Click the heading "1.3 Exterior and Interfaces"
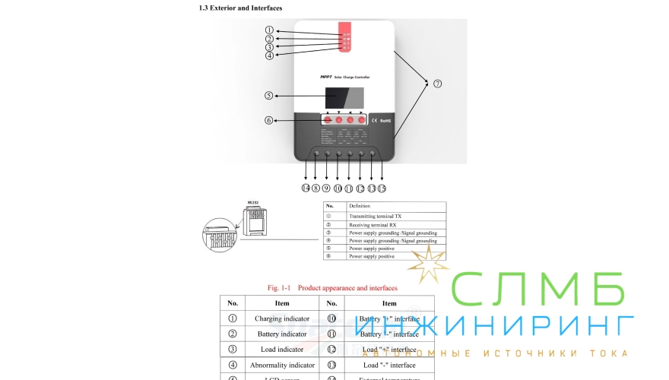[x=239, y=8]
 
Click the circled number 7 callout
[x=437, y=84]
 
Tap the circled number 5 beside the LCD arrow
[x=268, y=96]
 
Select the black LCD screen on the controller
[x=344, y=97]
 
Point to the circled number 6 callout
[x=268, y=120]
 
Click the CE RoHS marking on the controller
[x=381, y=120]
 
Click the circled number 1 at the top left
[x=268, y=30]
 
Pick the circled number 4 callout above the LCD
[x=268, y=55]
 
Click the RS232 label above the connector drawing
[x=253, y=202]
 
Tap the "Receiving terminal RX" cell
[x=373, y=224]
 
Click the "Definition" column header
[x=360, y=206]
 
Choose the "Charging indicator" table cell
[x=282, y=318]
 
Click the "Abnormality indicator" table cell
[x=282, y=365]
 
